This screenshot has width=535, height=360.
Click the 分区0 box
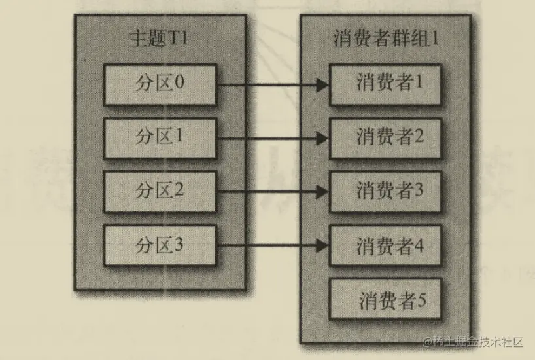click(x=160, y=84)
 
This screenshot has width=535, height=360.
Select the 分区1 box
click(x=160, y=138)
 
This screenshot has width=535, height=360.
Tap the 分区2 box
click(x=160, y=192)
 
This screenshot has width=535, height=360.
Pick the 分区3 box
click(x=160, y=245)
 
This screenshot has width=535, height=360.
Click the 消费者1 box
click(x=385, y=84)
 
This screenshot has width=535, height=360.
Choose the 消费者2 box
click(x=385, y=138)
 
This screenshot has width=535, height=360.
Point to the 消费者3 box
click(x=385, y=192)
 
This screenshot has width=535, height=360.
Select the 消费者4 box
click(x=385, y=245)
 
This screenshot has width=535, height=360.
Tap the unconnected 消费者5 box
click(x=385, y=300)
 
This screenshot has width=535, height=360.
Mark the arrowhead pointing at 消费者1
click(x=321, y=84)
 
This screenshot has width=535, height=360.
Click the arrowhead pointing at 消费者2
click(x=321, y=138)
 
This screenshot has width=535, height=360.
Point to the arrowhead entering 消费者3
click(x=321, y=192)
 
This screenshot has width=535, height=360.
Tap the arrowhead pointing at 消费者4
click(x=321, y=245)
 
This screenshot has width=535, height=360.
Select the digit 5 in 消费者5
click(x=422, y=300)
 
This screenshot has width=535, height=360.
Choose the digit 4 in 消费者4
click(x=419, y=246)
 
